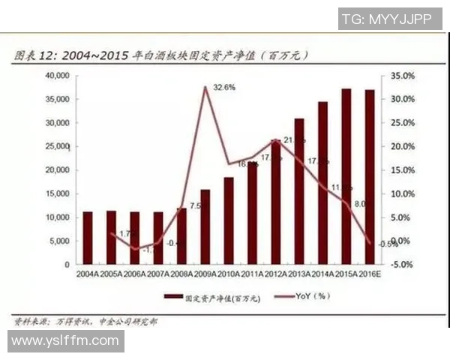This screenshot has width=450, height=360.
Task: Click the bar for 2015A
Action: click(346, 177)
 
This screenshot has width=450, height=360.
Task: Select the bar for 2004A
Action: click(88, 238)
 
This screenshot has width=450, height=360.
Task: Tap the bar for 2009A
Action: click(205, 227)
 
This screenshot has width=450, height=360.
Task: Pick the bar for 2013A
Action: click(299, 192)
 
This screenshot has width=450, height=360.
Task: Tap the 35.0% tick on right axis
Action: click(403, 76)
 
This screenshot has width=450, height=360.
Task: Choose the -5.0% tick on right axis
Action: click(403, 265)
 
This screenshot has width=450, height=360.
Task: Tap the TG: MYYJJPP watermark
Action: click(386, 19)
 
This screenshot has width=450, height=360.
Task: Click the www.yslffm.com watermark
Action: click(65, 341)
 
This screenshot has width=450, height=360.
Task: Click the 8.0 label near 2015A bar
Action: click(359, 203)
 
